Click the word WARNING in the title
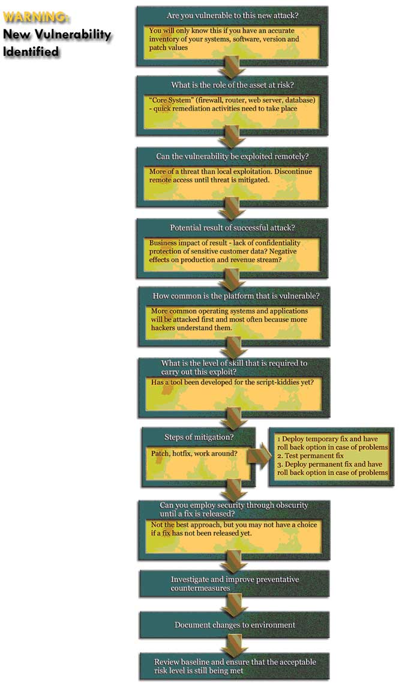35,17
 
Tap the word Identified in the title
31,52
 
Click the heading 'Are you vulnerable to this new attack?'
232,16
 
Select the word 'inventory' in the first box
164,39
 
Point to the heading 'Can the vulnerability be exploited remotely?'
232,157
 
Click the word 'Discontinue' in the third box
293,172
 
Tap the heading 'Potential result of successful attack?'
232,228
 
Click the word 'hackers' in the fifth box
164,328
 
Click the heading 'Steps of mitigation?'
199,437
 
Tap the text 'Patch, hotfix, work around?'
194,453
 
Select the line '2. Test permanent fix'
310,456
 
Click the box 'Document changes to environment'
235,625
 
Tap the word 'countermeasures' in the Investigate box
200,589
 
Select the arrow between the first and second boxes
232,66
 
